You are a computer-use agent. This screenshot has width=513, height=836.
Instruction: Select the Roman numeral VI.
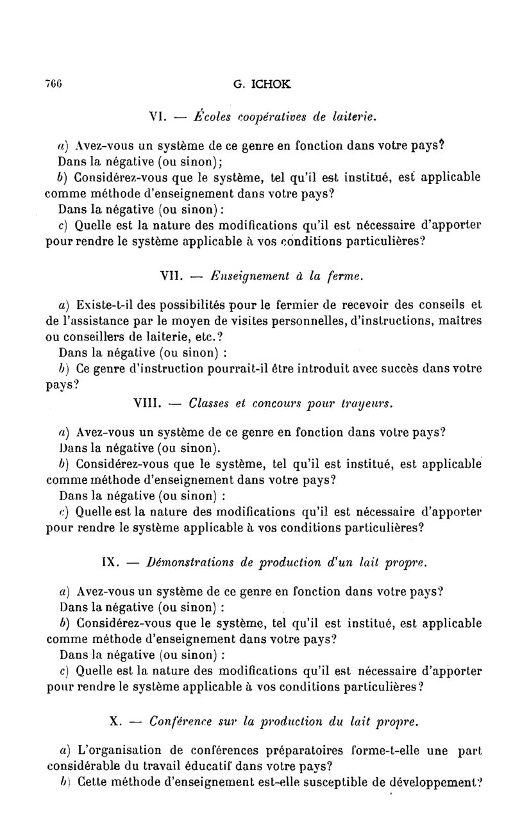tap(158, 117)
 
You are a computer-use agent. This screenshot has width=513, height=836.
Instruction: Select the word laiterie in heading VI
tap(353, 117)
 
